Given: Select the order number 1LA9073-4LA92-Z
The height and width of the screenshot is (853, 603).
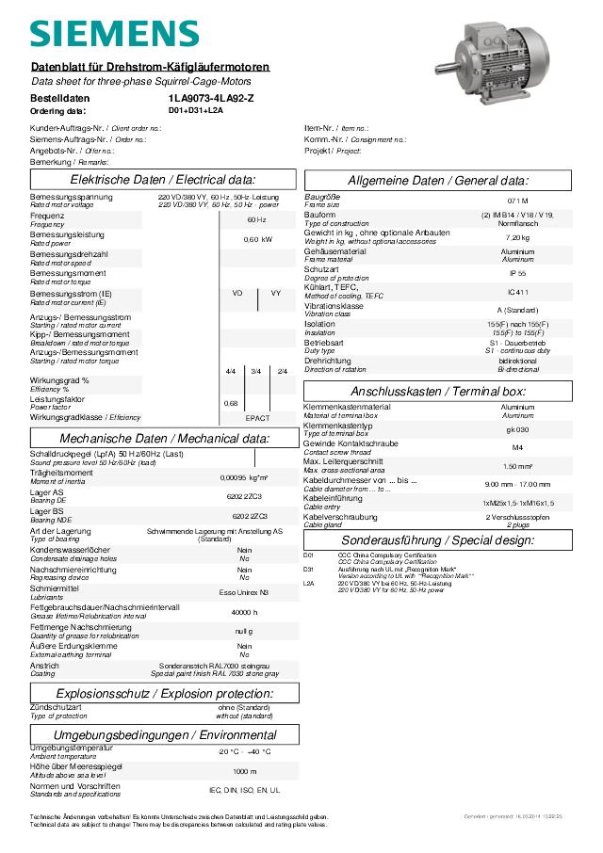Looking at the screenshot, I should tap(211, 98).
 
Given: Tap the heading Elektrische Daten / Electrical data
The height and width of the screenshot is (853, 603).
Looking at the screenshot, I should tap(163, 180).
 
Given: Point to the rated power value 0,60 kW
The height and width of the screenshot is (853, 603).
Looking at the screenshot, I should tap(257, 239).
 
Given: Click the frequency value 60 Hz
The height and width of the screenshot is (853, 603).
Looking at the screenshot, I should tap(256, 219).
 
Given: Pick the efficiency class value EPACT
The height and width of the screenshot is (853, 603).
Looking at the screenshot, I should tap(257, 417).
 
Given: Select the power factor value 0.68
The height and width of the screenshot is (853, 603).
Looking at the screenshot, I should tap(231, 403).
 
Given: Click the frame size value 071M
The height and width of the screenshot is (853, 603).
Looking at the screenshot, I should tap(517, 201).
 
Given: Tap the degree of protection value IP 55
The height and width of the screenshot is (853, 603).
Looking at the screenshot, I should tap(517, 273).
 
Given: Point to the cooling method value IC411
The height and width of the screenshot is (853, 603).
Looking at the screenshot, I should tap(517, 292).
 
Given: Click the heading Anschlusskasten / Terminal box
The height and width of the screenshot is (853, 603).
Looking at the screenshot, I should tap(451, 391).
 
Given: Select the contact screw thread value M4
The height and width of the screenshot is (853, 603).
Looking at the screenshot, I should tap(517, 447).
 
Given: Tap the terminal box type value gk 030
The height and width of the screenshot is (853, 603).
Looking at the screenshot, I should tap(517, 428).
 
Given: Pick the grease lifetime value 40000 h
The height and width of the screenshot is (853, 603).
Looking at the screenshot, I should tap(244, 612).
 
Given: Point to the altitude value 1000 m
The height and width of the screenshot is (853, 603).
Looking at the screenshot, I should tap(244, 770).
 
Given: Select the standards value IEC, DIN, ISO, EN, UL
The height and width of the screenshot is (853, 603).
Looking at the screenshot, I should tap(244, 789).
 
